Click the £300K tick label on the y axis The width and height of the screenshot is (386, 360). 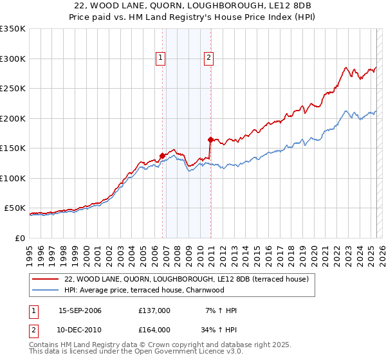(13, 59)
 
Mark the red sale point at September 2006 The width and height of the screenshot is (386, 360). (162, 156)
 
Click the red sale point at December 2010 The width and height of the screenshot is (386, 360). (210, 139)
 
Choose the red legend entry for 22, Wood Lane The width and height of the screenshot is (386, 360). (187, 279)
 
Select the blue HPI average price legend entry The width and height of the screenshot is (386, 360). (152, 290)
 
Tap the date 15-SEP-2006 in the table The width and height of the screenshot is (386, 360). (80, 310)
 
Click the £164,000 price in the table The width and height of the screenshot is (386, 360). (154, 329)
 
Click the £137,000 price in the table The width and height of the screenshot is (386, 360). (154, 310)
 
